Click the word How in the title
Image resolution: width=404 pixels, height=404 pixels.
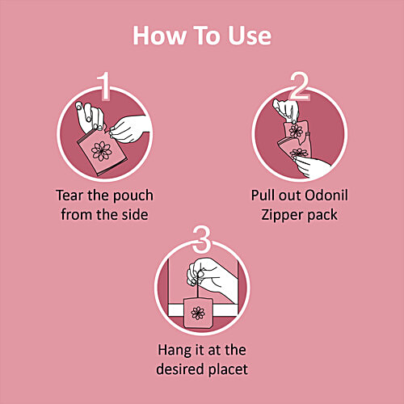(159, 36)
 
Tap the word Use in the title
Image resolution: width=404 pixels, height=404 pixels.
(250, 36)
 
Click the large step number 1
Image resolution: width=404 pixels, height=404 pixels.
(104, 86)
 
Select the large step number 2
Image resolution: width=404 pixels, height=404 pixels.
(299, 86)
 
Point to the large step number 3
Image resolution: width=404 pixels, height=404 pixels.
(201, 239)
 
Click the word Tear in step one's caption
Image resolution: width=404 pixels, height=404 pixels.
(69, 196)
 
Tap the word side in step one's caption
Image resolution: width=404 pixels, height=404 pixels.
(136, 215)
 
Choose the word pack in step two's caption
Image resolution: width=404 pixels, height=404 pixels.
(322, 216)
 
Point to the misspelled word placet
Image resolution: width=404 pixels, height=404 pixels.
(229, 370)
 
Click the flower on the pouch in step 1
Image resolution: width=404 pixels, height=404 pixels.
(101, 151)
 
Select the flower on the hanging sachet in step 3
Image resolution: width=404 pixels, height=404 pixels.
(198, 313)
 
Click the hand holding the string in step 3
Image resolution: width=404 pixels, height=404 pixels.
(212, 277)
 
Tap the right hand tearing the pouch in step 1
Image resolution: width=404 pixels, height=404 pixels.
(128, 128)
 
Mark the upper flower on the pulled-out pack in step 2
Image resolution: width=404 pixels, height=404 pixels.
(296, 131)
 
